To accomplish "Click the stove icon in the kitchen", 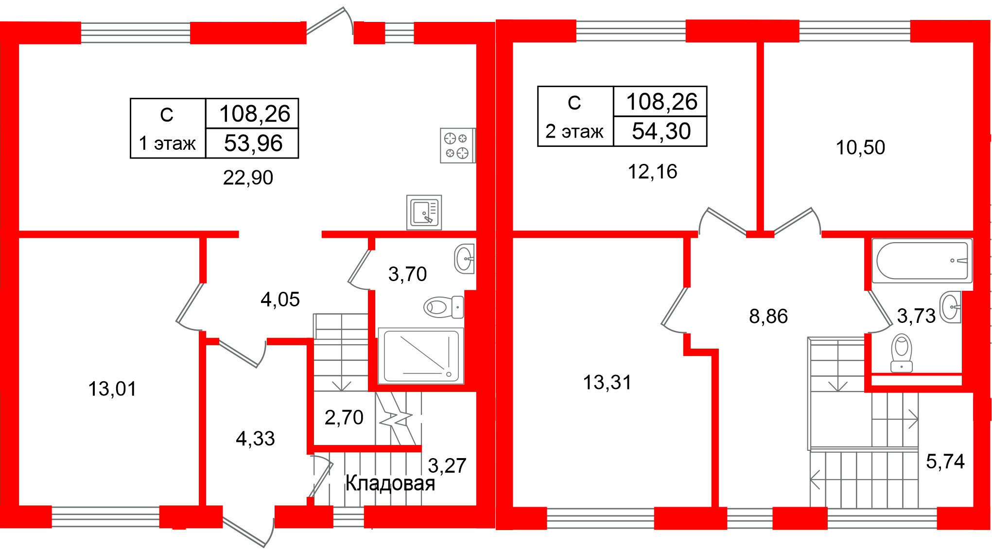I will point(457,145).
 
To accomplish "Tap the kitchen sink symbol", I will point(424,213).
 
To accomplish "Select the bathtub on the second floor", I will point(922,261).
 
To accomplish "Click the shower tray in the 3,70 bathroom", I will point(421,356).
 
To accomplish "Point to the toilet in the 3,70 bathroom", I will point(443,307).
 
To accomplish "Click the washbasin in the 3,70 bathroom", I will point(464,259).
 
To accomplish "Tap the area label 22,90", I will point(248,177).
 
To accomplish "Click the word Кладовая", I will point(390,483).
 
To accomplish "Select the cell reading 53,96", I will point(253,143).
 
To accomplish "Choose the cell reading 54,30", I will point(661,131).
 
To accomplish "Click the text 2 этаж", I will point(574,131).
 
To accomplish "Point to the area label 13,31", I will point(607,382).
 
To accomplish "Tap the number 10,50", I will point(860,147).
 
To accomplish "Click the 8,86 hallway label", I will point(768,316).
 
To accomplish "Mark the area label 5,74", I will point(945,461).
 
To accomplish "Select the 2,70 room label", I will point(344,417).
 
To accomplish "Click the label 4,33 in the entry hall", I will point(255,439).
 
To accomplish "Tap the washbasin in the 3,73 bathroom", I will point(951,307).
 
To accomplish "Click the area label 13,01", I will point(112,389).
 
